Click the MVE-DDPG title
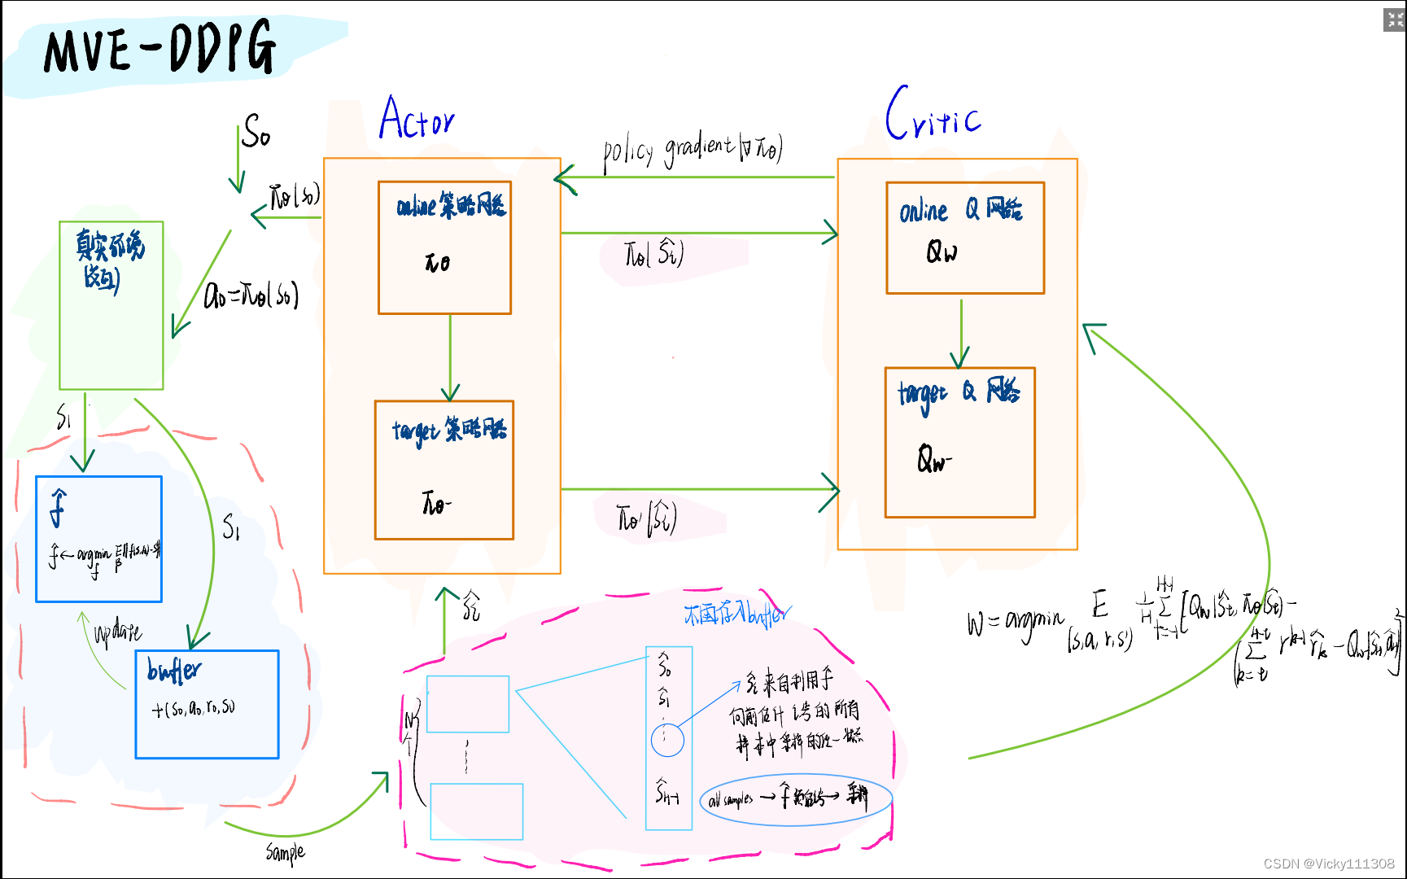[159, 49]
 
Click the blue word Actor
[417, 119]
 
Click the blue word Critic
[933, 115]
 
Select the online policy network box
[444, 247]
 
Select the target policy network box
[444, 470]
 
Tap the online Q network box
[964, 238]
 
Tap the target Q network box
[959, 442]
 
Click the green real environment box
[111, 305]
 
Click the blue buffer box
[207, 704]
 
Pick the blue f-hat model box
[98, 539]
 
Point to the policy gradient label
[692, 150]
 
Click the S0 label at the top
[256, 131]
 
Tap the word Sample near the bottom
[285, 852]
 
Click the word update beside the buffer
[118, 632]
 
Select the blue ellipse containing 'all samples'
[796, 799]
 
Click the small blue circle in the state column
[667, 740]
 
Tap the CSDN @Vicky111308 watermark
[1328, 864]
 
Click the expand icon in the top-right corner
[1395, 20]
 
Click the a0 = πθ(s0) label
[251, 295]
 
